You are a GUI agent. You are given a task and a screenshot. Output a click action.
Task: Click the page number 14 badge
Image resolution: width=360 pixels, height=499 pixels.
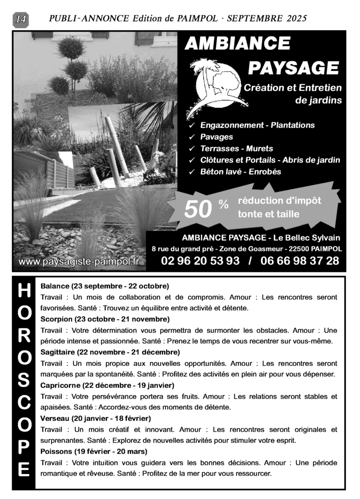(21, 19)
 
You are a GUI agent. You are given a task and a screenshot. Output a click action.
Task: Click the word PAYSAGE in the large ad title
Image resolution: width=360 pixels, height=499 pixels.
(293, 68)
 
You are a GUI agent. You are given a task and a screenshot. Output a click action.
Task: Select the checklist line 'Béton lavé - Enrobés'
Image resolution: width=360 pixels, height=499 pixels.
(241, 172)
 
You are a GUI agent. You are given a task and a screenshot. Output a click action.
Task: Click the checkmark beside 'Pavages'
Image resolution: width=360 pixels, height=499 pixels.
(192, 137)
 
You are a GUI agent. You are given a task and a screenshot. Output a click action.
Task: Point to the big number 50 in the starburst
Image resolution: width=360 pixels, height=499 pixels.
(198, 210)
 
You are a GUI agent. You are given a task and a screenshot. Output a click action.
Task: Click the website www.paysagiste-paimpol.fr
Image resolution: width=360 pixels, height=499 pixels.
(79, 262)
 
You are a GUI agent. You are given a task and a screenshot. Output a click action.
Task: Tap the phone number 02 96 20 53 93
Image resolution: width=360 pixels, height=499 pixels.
(200, 261)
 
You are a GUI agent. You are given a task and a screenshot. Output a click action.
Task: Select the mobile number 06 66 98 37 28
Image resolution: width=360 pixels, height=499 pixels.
(300, 261)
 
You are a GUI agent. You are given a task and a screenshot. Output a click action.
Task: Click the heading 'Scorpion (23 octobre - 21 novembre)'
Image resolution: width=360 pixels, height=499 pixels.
(105, 320)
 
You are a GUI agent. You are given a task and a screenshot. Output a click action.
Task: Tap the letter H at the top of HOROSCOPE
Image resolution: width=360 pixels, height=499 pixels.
(24, 290)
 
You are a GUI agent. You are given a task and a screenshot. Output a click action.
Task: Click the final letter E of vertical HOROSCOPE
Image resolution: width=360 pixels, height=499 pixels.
(24, 471)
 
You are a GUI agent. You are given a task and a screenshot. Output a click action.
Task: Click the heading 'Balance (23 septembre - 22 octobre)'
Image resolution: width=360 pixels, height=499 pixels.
(105, 286)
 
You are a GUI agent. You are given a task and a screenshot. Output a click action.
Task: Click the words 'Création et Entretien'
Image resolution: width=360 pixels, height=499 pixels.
(293, 88)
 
